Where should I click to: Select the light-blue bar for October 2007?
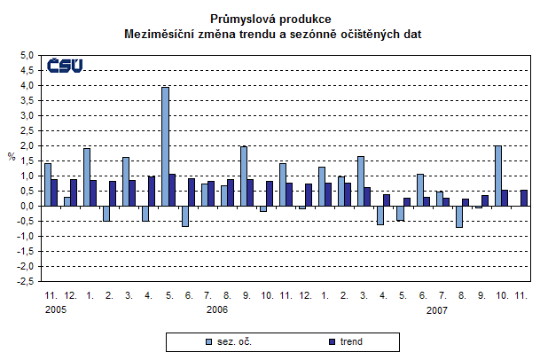click(x=499, y=176)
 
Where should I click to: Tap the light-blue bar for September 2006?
click(x=244, y=176)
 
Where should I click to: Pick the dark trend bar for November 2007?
click(x=524, y=198)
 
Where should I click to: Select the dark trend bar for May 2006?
click(x=173, y=190)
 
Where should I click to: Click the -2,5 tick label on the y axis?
click(x=25, y=281)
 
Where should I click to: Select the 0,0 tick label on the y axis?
click(x=27, y=206)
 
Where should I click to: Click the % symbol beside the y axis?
click(x=12, y=158)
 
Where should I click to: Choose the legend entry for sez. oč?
click(x=228, y=340)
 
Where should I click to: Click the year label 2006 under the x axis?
click(x=217, y=310)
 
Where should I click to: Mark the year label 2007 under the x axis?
click(x=436, y=310)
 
